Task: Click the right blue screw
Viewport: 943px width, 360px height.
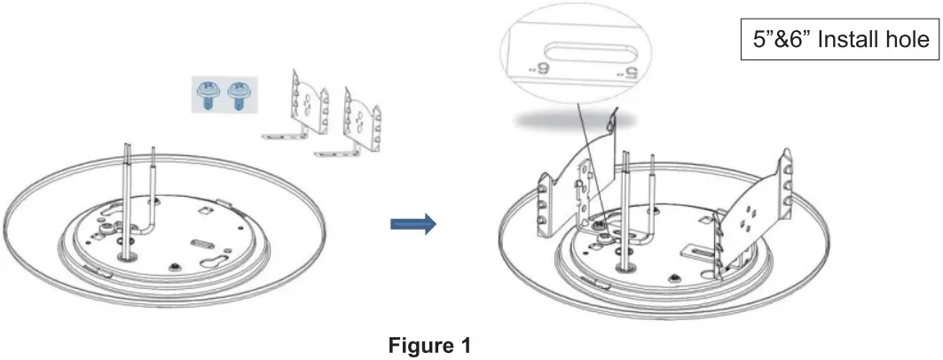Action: coord(237,93)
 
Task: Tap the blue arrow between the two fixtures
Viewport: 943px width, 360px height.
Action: coord(413,224)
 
